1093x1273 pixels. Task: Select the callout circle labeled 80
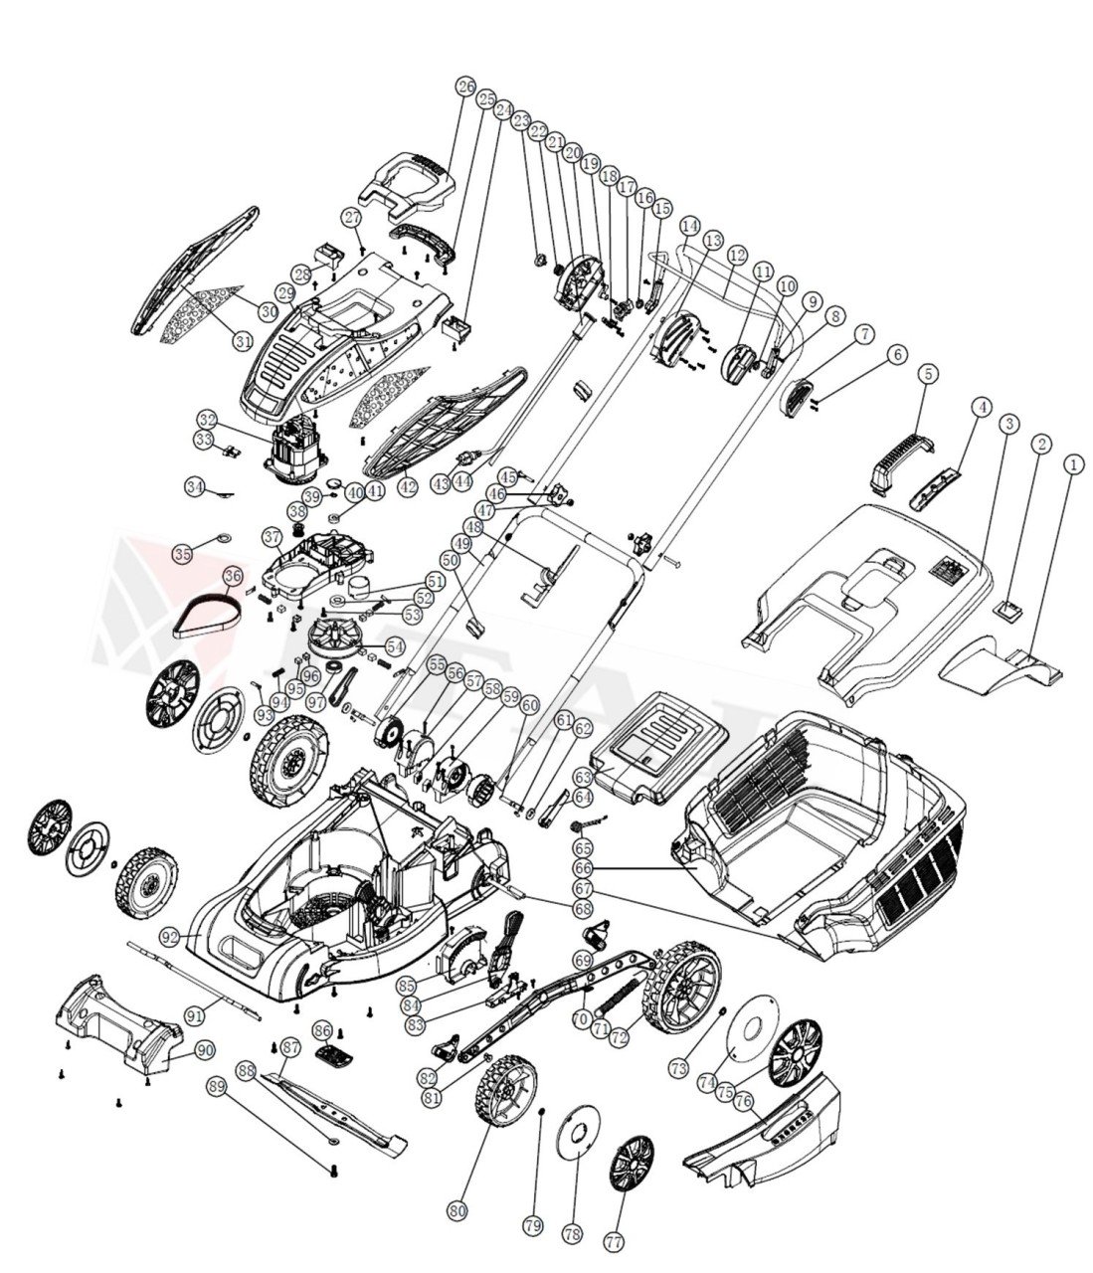coord(457,1211)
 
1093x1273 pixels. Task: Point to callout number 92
coord(170,937)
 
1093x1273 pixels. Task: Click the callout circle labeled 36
coord(233,576)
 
